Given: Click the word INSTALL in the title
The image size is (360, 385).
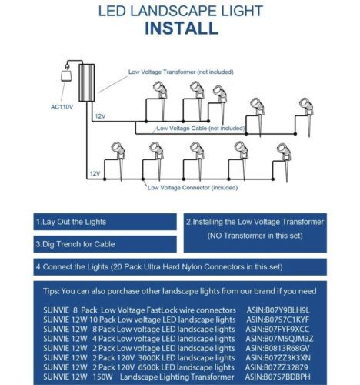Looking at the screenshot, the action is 182,28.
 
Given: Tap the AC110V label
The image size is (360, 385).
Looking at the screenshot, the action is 62,107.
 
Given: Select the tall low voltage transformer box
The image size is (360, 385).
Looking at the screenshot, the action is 86,82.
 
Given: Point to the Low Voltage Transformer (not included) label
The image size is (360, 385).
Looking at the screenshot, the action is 181,72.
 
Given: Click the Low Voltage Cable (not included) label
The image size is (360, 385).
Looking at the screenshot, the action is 201,128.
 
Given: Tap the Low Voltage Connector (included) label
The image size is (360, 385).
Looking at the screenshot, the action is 192,188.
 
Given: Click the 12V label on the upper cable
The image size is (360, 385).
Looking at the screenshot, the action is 100,116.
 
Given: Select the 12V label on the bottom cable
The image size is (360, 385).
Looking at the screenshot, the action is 95,174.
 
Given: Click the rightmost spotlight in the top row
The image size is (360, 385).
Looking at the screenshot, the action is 306,117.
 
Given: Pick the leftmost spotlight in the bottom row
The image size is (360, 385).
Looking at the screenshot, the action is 118,160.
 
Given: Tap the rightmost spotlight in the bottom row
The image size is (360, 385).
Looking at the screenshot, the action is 284,162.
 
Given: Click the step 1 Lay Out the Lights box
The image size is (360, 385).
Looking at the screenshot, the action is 105,222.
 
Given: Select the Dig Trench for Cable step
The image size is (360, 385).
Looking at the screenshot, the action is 105,244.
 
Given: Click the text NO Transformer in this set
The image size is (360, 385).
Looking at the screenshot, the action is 255,236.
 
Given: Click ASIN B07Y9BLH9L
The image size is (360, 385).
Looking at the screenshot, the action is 278,310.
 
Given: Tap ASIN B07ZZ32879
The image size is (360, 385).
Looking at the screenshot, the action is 277,367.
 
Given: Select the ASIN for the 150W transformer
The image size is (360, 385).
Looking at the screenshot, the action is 278,377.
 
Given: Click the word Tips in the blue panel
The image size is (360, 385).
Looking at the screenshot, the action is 51,291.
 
